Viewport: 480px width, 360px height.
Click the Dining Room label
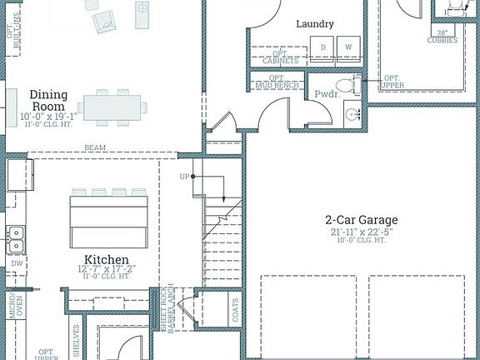click(x=48, y=100)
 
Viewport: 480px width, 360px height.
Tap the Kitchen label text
click(x=106, y=260)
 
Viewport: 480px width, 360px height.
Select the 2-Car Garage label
click(x=361, y=220)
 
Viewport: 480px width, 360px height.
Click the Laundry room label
click(x=315, y=24)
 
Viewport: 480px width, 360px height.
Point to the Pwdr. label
click(x=326, y=94)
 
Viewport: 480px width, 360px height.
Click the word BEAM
click(x=94, y=148)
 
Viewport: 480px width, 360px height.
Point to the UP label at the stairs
click(x=184, y=177)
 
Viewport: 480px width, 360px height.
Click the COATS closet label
click(x=235, y=311)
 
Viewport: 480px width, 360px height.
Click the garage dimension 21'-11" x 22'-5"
click(x=361, y=231)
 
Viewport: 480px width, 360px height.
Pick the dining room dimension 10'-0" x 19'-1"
click(x=48, y=116)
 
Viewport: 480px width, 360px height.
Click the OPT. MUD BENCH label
click(x=277, y=82)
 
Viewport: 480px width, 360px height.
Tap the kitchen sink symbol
click(x=15, y=239)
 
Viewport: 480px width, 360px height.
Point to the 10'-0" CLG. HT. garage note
click(x=361, y=240)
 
